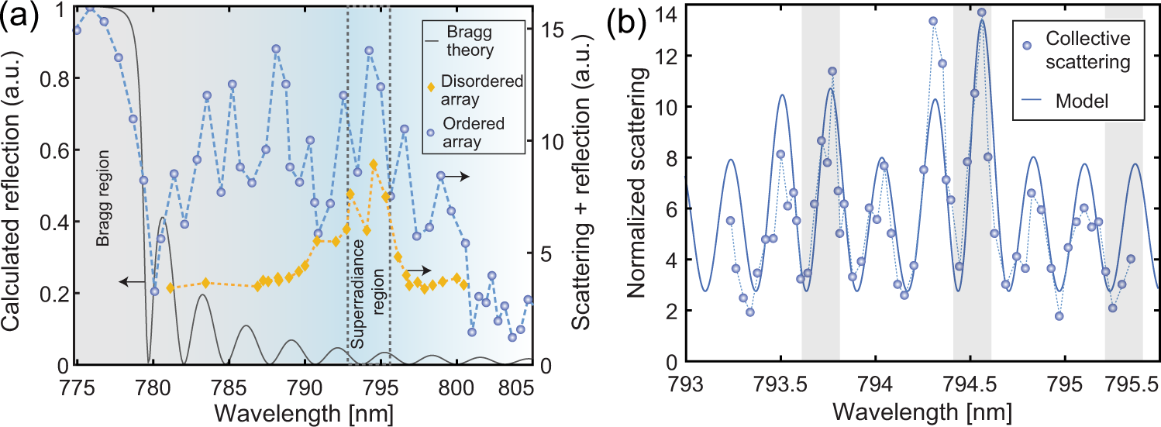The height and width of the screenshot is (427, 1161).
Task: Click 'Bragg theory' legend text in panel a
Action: (x=469, y=45)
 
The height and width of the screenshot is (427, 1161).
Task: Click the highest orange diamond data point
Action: (x=374, y=164)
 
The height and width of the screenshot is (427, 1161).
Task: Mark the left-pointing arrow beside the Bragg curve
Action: (x=132, y=283)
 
